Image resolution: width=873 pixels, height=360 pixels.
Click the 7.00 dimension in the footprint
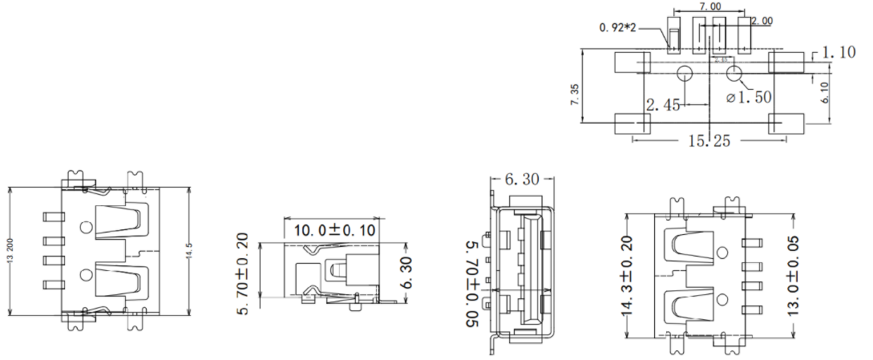click(x=709, y=6)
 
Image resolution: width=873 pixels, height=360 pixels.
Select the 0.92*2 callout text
click(x=617, y=27)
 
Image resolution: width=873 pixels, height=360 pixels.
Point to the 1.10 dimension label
click(x=838, y=53)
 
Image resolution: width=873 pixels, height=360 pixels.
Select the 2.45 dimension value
click(x=663, y=104)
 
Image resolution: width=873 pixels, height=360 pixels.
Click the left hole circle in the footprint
click(x=685, y=75)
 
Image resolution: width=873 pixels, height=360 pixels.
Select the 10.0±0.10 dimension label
click(x=336, y=230)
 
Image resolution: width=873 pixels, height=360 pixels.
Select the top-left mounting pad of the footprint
click(x=632, y=62)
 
